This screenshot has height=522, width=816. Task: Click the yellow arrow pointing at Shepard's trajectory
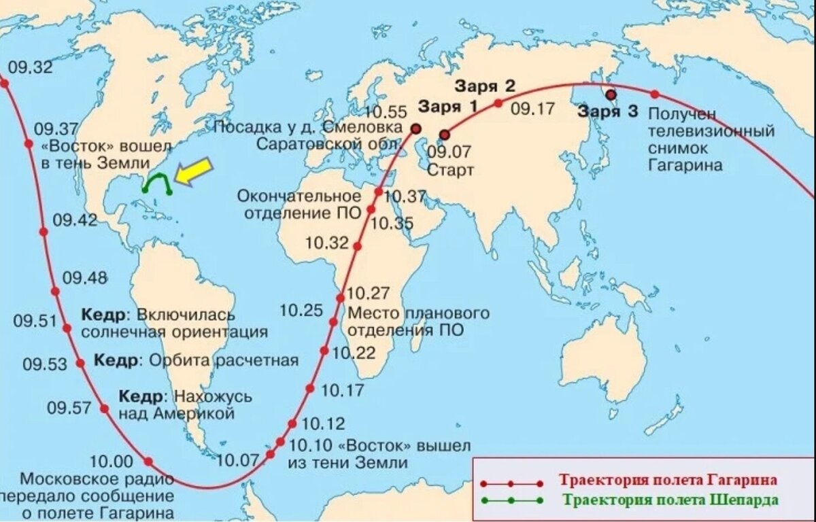[x=193, y=171]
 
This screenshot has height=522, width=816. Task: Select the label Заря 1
[x=447, y=107]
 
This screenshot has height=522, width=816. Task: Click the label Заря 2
[x=485, y=86]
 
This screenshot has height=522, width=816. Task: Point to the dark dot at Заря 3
[x=611, y=95]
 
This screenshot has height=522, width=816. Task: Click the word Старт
[x=450, y=170]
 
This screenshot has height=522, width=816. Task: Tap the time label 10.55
[x=386, y=112]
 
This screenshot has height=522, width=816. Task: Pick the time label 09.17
[x=533, y=108]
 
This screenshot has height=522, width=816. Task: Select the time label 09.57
[x=69, y=408]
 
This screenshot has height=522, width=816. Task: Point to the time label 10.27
[x=368, y=294]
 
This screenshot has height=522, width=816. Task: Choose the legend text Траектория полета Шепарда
[x=670, y=500]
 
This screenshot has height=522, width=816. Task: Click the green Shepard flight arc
[x=157, y=178]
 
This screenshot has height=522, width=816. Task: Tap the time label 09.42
[x=75, y=220]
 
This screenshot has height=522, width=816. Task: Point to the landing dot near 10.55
[x=415, y=128]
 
